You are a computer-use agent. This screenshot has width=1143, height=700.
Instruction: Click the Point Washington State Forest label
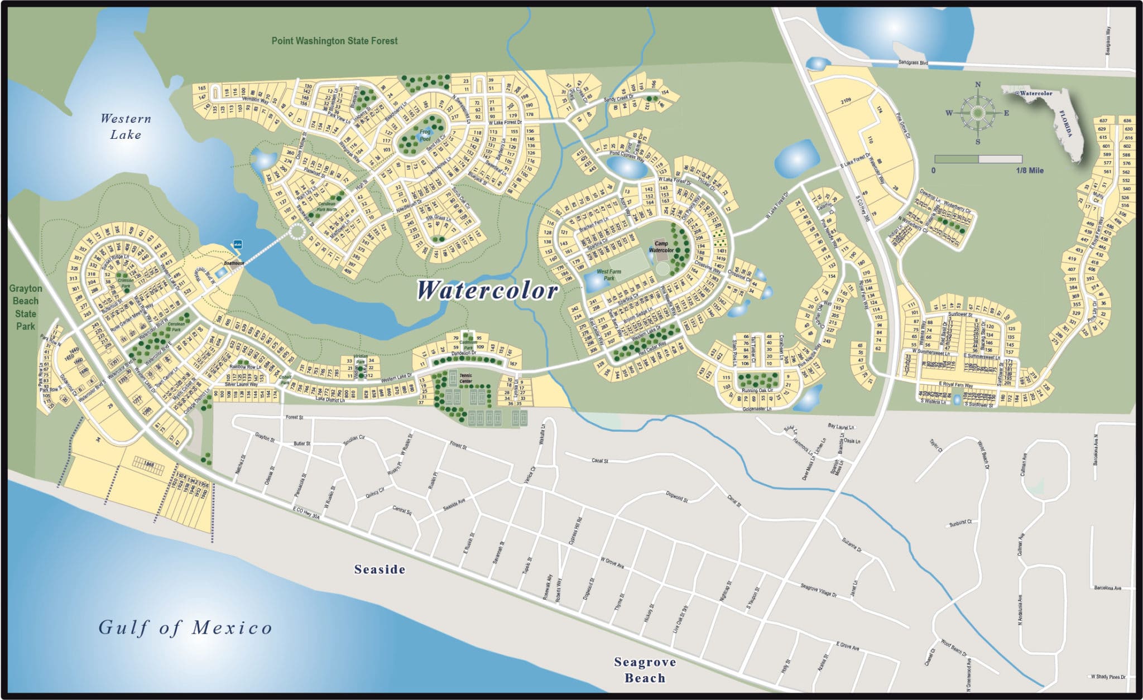tap(334, 41)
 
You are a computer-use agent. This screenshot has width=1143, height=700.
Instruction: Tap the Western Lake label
tap(126, 127)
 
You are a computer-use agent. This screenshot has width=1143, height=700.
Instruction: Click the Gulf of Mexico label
tap(185, 628)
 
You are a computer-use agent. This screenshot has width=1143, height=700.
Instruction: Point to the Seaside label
tap(380, 569)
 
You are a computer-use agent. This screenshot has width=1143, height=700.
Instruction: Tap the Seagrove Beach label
tap(645, 670)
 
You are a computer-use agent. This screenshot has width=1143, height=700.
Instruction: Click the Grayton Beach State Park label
tap(26, 307)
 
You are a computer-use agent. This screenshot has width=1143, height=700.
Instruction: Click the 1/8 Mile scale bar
tap(978, 160)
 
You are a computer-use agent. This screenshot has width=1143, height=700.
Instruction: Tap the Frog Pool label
tap(425, 136)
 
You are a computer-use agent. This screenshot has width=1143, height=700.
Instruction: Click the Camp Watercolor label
tap(661, 247)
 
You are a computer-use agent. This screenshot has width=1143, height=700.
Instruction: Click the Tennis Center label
tap(465, 379)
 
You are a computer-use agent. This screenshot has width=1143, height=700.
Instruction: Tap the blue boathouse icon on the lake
tap(237, 244)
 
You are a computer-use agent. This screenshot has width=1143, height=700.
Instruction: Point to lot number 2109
tap(846, 101)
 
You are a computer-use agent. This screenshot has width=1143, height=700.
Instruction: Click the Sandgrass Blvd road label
tap(913, 63)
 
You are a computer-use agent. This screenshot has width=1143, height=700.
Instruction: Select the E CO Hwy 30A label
tap(306, 513)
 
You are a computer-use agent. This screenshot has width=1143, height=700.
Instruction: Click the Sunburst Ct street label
tap(960, 523)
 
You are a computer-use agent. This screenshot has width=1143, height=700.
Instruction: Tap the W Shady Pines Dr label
tap(1108, 677)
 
